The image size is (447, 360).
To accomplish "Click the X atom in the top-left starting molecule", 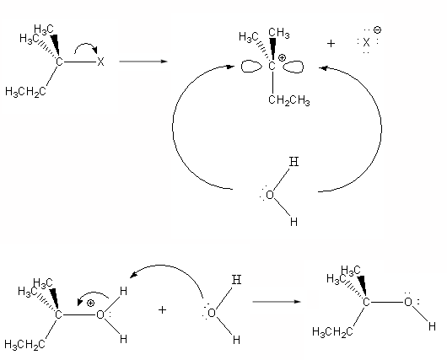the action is coord(100,62).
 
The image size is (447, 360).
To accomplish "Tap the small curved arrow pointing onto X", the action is coord(86,45).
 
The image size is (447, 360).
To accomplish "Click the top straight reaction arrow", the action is coord(143,62).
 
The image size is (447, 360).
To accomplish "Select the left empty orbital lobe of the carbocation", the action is coord(251,67).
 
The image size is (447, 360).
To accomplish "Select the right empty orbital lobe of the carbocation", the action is coord(294,67).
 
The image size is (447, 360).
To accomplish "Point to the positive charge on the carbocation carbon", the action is coord(282,58).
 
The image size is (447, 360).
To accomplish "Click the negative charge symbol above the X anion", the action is coord(377,30).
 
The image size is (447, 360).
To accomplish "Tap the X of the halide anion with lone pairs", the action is coord(366,43).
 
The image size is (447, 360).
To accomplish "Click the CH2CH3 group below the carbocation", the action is coord(289,100).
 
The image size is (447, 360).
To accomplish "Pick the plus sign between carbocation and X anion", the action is coord(331,43).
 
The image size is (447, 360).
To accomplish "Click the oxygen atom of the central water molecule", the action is coord(270,196).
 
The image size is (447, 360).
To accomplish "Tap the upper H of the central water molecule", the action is coord(294,162).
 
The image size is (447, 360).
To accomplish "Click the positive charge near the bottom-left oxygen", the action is coord(90,303).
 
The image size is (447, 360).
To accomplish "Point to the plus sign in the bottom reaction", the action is coord(162,309).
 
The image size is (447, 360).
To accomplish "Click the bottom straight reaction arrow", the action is coord(277,302).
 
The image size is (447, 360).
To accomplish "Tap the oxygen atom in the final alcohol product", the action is coord(408,302).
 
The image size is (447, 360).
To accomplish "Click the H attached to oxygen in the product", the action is coord(432,326).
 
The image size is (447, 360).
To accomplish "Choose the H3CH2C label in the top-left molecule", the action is coord(25,92).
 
